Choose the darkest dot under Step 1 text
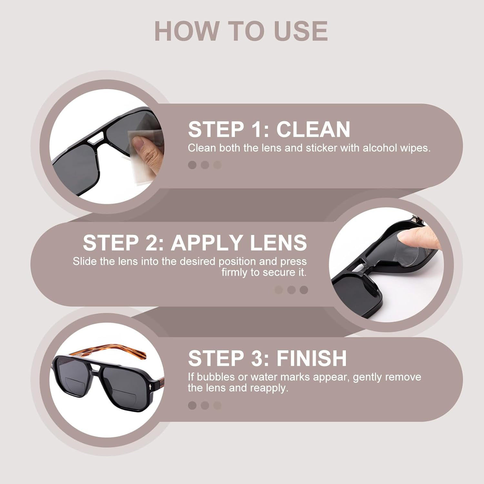(192, 165)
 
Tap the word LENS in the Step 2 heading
(278, 243)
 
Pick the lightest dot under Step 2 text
(279, 290)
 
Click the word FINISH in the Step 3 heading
(311, 358)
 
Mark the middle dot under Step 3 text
(205, 405)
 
